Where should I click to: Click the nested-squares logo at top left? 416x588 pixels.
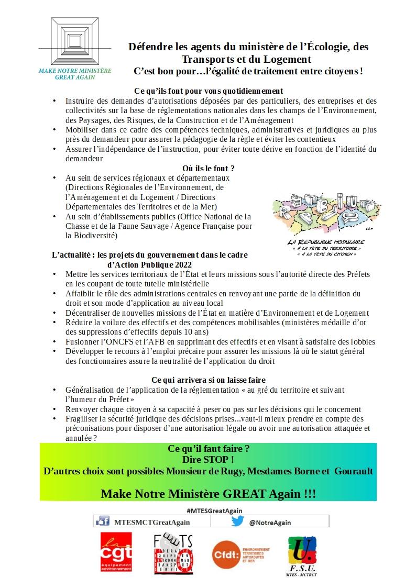pyautogui.click(x=75, y=41)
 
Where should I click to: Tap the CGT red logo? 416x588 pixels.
pyautogui.click(x=116, y=552)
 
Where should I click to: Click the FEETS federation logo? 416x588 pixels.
pyautogui.click(x=173, y=552)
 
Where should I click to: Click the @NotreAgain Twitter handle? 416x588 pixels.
pyautogui.click(x=270, y=522)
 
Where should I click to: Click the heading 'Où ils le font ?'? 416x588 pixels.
pyautogui.click(x=208, y=168)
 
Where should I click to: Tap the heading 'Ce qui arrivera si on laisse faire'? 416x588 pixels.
pyautogui.click(x=208, y=379)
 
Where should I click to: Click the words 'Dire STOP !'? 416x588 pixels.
pyautogui.click(x=208, y=460)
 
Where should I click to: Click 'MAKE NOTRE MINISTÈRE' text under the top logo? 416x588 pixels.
pyautogui.click(x=75, y=71)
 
